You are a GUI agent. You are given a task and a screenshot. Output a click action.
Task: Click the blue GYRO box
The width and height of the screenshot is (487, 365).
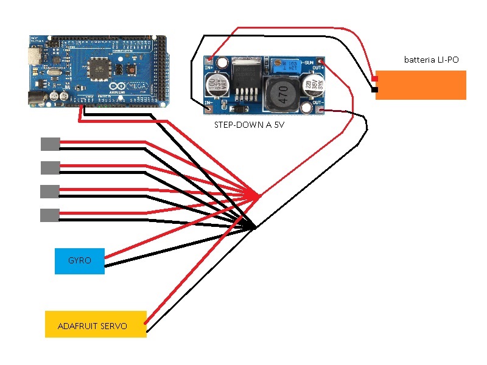pos(79,261)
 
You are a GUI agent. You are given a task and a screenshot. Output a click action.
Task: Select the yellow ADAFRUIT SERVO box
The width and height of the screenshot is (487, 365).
pos(96,324)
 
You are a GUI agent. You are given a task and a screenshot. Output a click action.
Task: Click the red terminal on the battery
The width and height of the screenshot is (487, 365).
pos(374,77)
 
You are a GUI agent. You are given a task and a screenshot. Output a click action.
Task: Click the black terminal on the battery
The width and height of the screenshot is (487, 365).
pos(374,91)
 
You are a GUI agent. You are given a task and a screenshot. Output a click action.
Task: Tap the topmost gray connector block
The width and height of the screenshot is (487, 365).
pos(50,144)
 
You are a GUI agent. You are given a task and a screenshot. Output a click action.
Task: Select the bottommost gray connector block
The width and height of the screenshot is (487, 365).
pos(50,215)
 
